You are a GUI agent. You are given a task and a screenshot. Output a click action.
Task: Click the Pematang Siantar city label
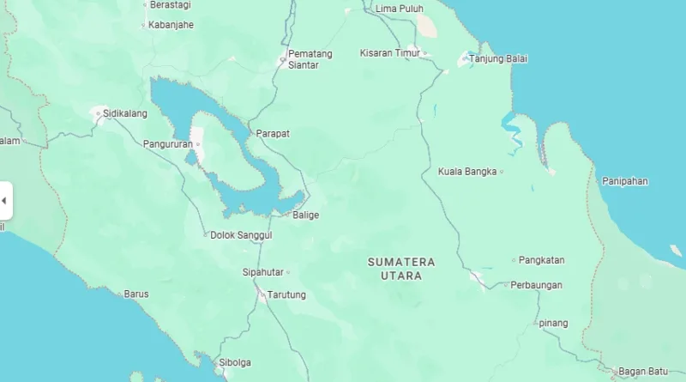tap(310, 59)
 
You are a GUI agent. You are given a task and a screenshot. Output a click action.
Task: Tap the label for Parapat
tap(273, 134)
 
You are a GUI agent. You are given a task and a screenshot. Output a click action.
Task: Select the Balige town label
tap(305, 215)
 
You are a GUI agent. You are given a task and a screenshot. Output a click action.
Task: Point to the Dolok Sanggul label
tap(241, 234)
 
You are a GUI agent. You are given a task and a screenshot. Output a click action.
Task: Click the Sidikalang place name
tap(124, 113)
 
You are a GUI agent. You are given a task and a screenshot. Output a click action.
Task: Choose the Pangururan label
tap(167, 144)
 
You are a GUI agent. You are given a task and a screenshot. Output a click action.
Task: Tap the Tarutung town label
tap(286, 295)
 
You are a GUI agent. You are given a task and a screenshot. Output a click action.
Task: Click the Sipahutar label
tap(262, 273)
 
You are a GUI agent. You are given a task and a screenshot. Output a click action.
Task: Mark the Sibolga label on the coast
tap(235, 362)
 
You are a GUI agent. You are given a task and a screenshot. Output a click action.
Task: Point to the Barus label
tap(136, 294)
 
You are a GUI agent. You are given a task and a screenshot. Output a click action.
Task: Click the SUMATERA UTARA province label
tap(401, 269)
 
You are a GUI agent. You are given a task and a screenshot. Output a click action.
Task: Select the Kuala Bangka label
tap(467, 172)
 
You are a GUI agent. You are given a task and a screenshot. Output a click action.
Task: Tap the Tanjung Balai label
tap(498, 59)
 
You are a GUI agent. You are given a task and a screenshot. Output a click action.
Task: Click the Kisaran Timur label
tap(390, 53)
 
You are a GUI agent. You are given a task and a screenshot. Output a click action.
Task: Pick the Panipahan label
tap(624, 181)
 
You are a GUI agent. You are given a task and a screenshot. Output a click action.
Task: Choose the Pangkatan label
tap(542, 260)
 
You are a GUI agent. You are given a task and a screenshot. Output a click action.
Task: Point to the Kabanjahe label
tap(171, 25)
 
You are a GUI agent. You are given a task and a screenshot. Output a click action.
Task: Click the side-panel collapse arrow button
tap(4, 201)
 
